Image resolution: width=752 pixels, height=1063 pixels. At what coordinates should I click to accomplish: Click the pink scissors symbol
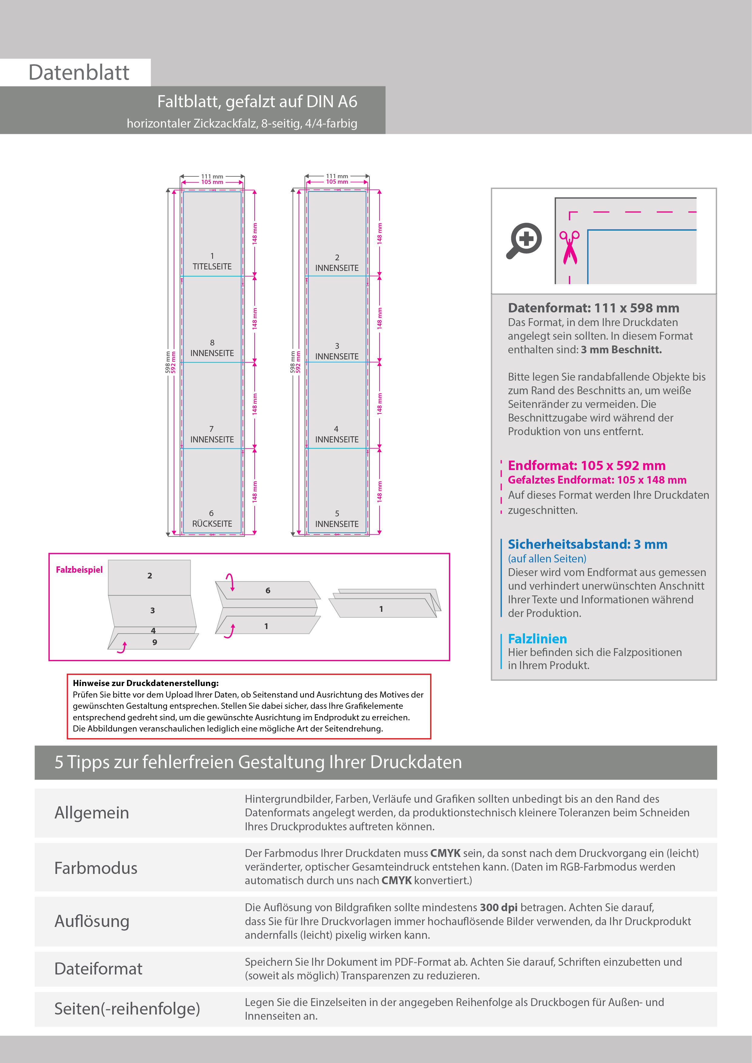tap(570, 248)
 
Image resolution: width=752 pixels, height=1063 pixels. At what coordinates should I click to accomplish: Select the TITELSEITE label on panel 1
tap(212, 267)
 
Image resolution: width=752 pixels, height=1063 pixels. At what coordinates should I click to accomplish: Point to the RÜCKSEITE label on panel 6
tap(212, 524)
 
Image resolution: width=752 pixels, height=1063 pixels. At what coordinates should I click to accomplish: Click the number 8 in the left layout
tap(212, 343)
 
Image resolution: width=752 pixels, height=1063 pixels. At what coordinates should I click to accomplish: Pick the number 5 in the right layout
tap(337, 513)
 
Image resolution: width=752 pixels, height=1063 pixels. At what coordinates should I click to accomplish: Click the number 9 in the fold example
tap(155, 642)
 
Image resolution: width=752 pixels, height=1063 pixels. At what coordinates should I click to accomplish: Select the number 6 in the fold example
tap(268, 590)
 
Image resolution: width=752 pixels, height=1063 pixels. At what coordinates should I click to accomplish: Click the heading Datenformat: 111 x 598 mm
tap(593, 308)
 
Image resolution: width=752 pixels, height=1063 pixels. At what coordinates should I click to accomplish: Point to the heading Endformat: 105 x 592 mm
tap(586, 465)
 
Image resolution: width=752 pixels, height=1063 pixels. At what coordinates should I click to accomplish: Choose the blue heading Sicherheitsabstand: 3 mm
tap(587, 544)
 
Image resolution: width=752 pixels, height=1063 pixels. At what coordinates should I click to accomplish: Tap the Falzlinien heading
tap(537, 639)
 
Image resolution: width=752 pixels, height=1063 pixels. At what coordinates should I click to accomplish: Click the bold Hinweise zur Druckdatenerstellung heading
tap(145, 683)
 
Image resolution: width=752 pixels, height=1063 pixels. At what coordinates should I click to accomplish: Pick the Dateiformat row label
tap(98, 968)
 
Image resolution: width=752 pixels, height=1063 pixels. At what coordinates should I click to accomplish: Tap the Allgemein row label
tap(92, 812)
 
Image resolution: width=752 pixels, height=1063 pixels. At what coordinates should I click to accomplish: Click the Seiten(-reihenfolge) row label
tap(127, 1008)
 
